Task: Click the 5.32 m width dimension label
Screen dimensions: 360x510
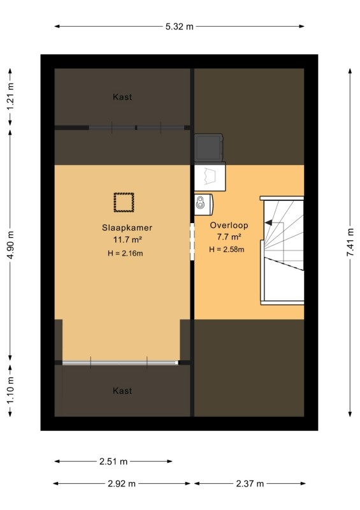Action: coord(179,26)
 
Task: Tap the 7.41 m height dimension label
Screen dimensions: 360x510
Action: coord(350,242)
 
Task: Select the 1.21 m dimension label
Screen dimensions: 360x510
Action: coord(10,97)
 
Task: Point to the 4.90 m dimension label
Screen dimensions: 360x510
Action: coord(10,245)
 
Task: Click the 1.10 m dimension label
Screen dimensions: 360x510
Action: coord(10,390)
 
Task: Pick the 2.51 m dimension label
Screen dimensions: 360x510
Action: coord(113,461)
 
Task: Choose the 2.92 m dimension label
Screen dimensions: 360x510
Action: coord(122,484)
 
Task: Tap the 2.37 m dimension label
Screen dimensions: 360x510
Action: coord(250,484)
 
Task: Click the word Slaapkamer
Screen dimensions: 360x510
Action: coord(127,228)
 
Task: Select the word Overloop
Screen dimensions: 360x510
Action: coord(229,225)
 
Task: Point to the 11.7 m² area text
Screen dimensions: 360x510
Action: coord(127,240)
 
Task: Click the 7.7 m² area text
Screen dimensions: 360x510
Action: coord(229,237)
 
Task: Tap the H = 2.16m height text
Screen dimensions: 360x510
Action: coord(125,253)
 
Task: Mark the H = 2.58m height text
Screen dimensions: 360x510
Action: coord(227,249)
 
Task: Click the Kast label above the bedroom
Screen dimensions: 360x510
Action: coord(122,97)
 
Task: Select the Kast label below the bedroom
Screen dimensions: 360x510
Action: coord(122,391)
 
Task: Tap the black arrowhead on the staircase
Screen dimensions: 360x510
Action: coord(268,222)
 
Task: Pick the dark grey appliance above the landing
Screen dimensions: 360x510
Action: coord(209,148)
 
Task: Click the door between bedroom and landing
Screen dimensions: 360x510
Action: coord(192,242)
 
